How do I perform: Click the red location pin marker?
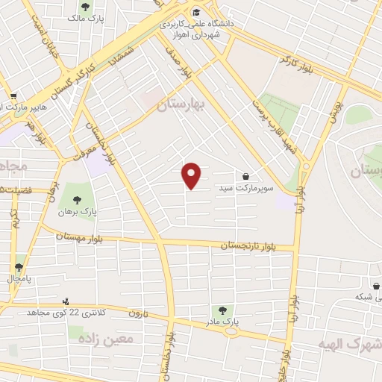point(192,175)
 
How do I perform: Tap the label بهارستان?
point(181,107)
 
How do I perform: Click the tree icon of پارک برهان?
point(77,199)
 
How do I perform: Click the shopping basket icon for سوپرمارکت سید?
point(246,176)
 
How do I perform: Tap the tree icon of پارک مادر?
point(222,310)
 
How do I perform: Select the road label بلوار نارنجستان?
point(252,245)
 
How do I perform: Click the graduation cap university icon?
point(196,11)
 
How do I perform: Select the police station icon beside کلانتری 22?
point(66,301)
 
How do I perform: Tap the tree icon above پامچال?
point(19,266)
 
